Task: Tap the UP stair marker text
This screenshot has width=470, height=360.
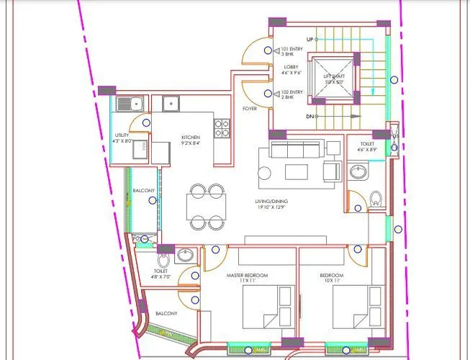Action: (309, 39)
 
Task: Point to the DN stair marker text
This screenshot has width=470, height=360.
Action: (309, 116)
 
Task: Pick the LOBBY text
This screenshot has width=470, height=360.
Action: (292, 70)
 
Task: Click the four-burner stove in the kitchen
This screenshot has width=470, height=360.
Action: (222, 128)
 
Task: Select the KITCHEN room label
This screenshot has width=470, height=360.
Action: (191, 139)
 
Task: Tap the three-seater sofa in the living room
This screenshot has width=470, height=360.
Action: (296, 149)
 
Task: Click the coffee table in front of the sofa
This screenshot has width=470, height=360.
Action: (296, 171)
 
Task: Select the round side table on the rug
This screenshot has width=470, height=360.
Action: (264, 173)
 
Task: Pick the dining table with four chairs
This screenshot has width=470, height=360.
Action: (206, 207)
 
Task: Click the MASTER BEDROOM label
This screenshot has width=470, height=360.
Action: (246, 278)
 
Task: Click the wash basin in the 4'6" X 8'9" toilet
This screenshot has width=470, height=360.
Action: (357, 171)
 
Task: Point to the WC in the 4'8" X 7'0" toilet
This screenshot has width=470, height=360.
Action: (164, 257)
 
